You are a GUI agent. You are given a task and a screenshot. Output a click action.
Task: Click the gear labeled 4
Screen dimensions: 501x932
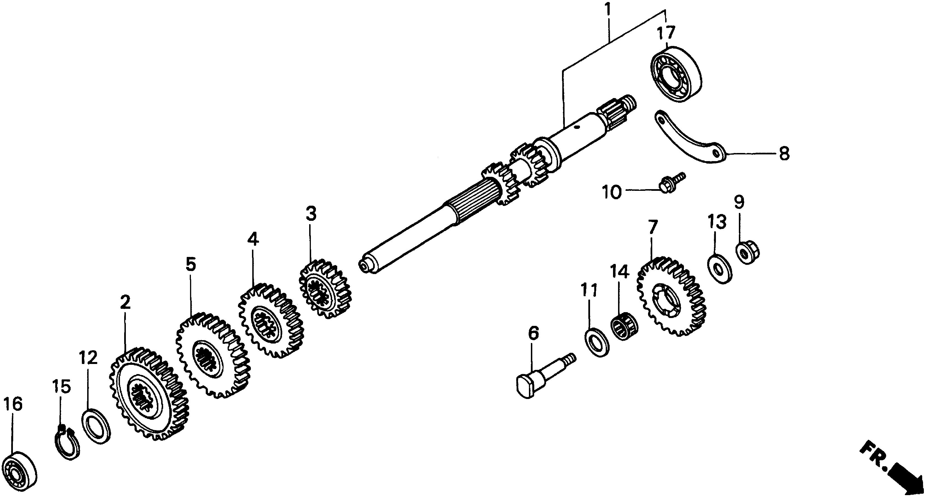tap(270, 320)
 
